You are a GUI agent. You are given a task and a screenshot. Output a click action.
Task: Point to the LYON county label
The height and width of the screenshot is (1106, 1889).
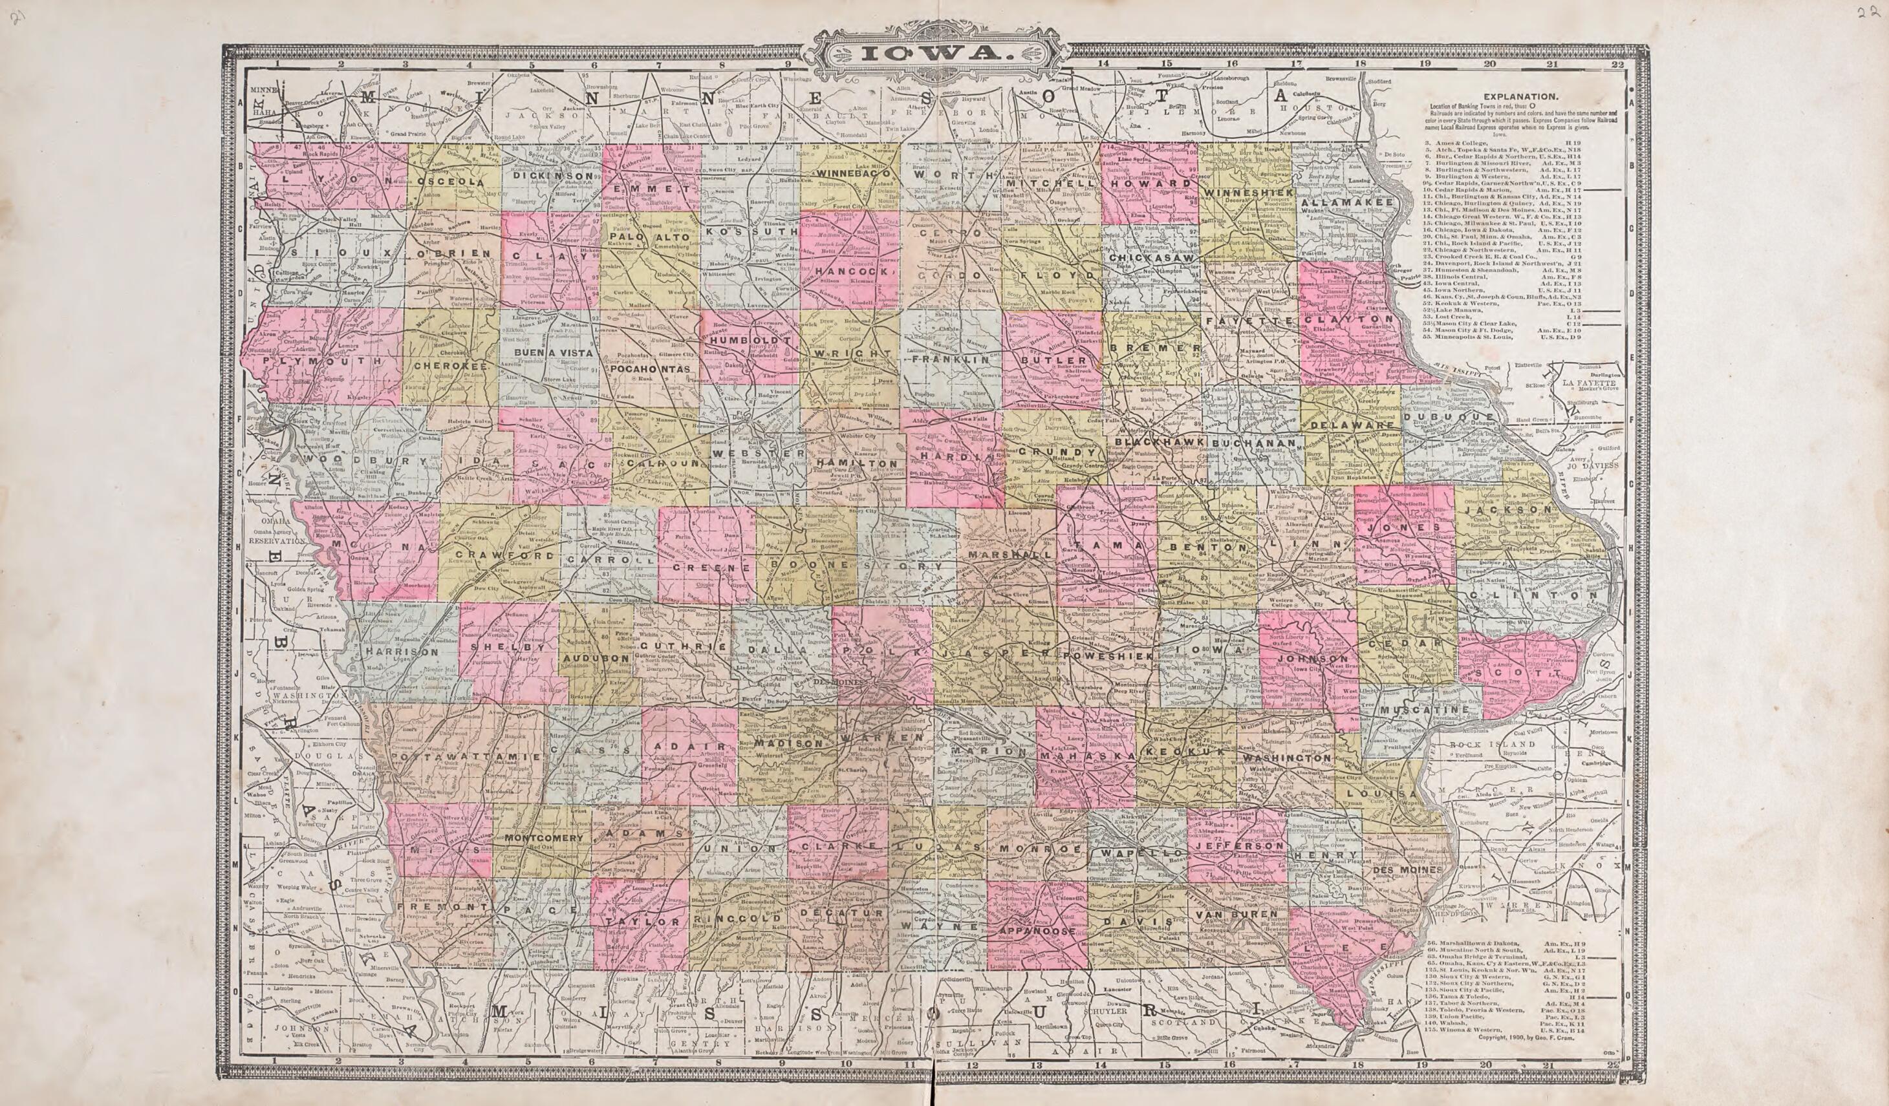click(335, 180)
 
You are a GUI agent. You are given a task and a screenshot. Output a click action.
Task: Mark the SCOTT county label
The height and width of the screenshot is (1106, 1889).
click(1513, 674)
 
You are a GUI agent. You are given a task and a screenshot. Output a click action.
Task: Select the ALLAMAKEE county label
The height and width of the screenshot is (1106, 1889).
click(1346, 202)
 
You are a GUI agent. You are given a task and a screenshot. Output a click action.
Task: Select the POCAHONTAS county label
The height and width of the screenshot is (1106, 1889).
click(649, 369)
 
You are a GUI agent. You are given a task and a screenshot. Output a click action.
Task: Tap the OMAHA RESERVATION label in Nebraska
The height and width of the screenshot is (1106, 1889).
click(274, 533)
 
